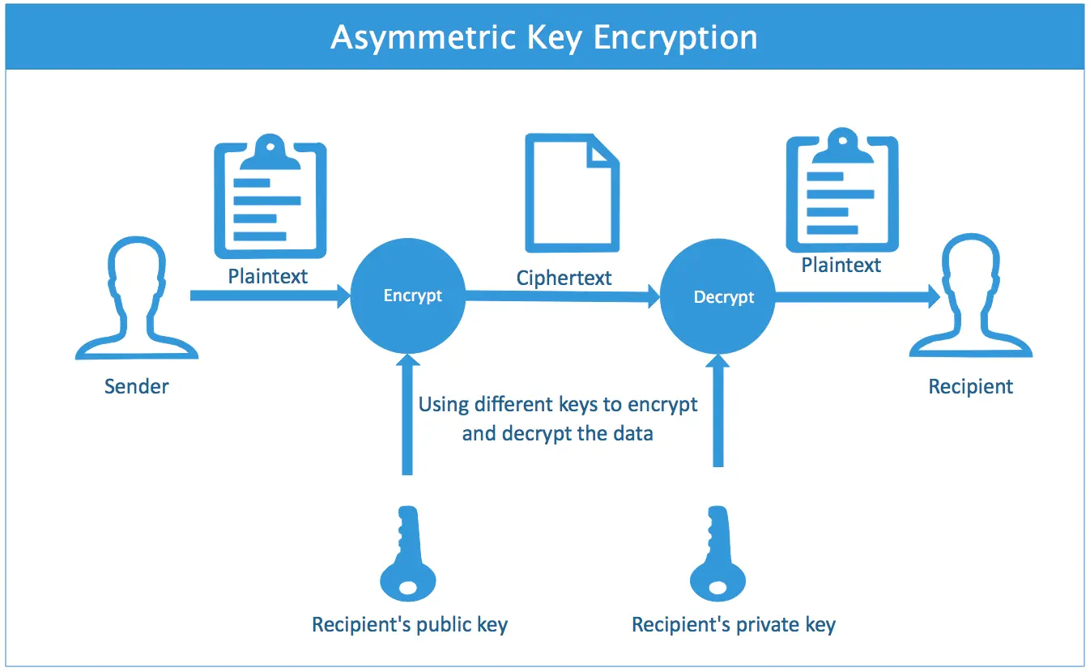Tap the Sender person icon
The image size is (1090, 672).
click(x=136, y=303)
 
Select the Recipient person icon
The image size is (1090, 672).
click(x=970, y=303)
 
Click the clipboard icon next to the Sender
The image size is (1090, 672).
click(x=270, y=198)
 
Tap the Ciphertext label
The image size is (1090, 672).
click(x=564, y=279)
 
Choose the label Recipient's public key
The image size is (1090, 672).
click(x=410, y=625)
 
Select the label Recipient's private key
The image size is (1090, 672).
click(x=733, y=625)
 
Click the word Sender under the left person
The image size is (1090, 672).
click(x=136, y=386)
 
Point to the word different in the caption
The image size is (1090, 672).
click(x=515, y=404)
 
